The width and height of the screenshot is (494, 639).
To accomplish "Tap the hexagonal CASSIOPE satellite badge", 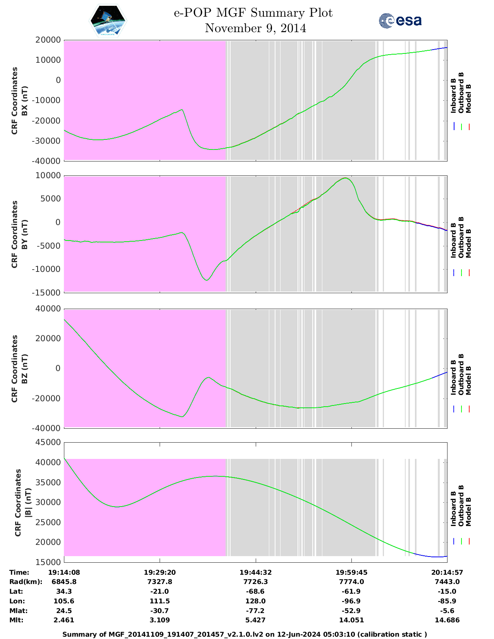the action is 108,21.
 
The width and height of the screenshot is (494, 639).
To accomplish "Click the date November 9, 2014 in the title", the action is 255,28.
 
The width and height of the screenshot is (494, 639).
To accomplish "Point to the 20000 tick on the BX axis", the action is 48,40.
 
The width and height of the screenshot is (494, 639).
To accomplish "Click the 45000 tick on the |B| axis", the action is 48,442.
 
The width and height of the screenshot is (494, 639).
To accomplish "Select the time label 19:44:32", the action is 255,572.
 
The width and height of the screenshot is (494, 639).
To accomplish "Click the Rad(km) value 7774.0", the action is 351,582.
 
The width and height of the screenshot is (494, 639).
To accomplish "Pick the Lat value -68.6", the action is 255,591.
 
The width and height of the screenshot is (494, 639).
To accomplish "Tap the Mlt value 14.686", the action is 447,620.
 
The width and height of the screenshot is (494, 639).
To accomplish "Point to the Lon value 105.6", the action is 64,601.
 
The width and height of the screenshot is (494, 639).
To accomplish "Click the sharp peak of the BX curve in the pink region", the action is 182,110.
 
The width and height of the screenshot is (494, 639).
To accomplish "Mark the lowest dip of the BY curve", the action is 207,280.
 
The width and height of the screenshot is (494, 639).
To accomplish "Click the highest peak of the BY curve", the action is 346,178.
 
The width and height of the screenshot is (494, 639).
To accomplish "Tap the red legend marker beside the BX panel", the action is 469,127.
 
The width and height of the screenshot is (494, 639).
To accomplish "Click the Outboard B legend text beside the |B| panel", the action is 461,506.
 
